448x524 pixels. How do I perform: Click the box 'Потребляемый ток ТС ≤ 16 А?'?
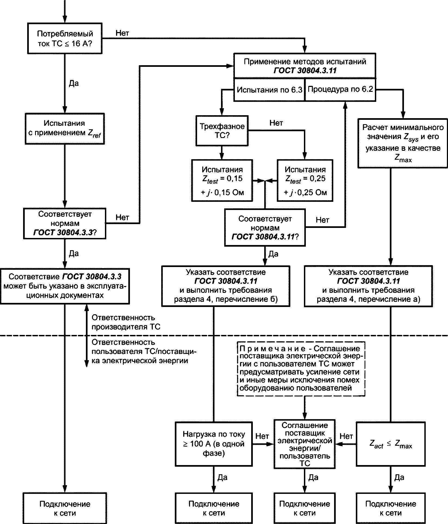coord(65,39)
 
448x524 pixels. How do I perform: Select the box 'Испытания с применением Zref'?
coord(65,128)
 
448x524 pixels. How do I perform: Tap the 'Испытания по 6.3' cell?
coord(269,90)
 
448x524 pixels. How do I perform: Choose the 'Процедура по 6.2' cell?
coord(340,90)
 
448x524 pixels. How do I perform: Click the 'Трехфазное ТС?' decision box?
coord(222,131)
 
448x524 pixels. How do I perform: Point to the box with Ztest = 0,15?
coord(222,180)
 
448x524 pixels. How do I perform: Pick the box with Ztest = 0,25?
coord(305,180)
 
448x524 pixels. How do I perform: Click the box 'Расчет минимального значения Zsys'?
coord(403,143)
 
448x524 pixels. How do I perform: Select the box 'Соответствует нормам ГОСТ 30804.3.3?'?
coord(65,224)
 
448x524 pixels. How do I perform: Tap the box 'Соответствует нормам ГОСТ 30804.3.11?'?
coord(265,227)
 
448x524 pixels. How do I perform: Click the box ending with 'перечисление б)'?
coord(226,286)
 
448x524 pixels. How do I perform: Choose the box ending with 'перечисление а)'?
coord(368,286)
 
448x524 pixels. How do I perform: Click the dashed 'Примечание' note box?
coord(301,368)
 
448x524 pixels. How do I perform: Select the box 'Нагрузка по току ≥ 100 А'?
coord(214,444)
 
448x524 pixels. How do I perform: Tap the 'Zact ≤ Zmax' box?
coord(391,444)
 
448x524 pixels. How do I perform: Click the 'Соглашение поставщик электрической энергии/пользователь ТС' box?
coord(304,444)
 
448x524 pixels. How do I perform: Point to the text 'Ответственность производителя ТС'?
coord(126,322)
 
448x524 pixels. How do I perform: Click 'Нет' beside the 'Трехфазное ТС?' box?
coord(276,123)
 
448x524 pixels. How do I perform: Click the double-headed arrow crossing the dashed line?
coord(86,336)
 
